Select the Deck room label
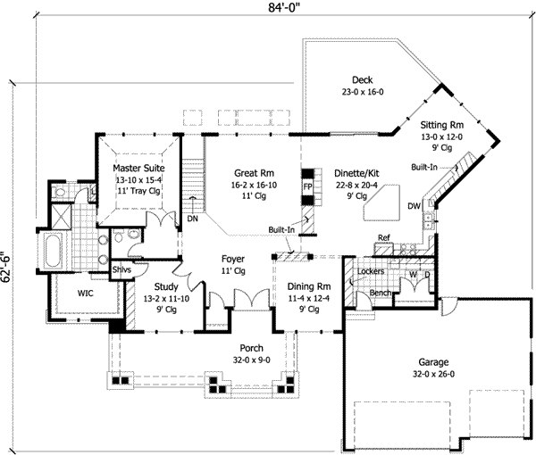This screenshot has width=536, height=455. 361,79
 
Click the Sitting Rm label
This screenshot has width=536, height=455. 443,126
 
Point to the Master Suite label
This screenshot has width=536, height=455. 138,168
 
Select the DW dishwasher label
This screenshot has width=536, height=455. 414,206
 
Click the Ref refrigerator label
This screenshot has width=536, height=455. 384,237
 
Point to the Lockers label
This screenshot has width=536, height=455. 370,269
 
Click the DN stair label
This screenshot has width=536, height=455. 192,217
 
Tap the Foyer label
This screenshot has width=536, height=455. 233,260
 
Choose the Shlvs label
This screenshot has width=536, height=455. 121,270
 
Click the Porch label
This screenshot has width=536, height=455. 239,349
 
